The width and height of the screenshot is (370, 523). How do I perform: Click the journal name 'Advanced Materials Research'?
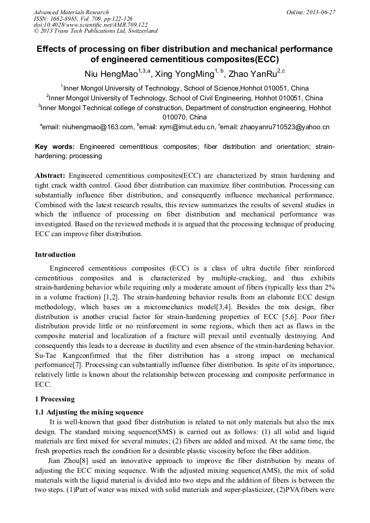[x=71, y=12]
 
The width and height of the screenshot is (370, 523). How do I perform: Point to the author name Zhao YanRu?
[x=253, y=74]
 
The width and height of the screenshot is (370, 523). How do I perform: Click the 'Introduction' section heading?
[x=55, y=255]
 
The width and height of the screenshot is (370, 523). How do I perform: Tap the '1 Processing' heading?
[x=55, y=399]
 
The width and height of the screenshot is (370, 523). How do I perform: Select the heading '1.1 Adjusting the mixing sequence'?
[x=89, y=412]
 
